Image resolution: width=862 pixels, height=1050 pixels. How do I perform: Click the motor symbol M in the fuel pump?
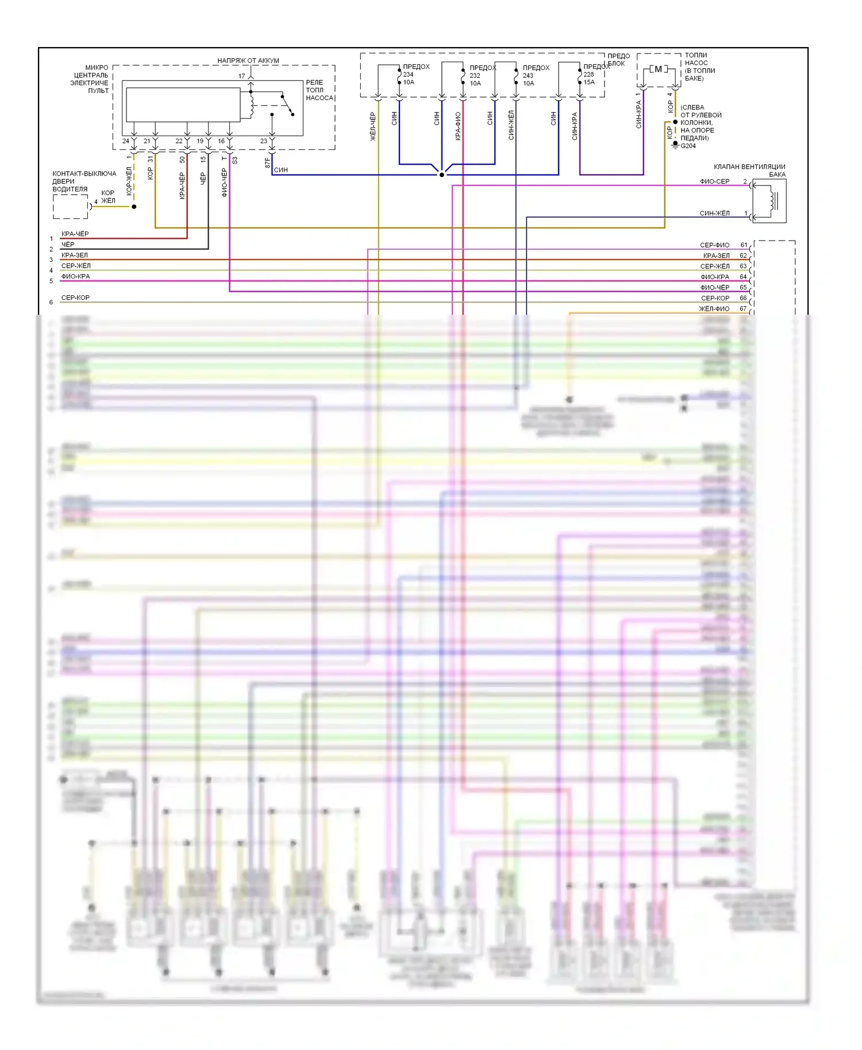coord(658,70)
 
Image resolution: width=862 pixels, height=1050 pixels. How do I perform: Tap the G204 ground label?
coord(688,146)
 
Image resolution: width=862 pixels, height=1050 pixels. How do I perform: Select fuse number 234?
coord(408,75)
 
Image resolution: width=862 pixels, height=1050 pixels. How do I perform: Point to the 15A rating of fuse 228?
coord(589,82)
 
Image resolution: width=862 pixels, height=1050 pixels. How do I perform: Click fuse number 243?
coord(528,75)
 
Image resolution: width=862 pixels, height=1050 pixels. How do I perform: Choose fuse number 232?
coord(475,75)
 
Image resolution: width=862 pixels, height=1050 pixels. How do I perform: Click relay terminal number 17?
coord(241,76)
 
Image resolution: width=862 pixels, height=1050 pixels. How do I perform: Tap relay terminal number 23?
coord(263,141)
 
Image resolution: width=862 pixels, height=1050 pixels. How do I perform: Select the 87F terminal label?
coord(267,163)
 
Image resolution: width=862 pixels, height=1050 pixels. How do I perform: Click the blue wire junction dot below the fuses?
coord(441,175)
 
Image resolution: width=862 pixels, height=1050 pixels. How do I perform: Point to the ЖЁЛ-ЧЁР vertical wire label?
coord(373,127)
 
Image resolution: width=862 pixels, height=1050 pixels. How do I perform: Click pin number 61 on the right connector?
coord(743,245)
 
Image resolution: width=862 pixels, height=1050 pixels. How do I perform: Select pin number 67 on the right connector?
coord(743,308)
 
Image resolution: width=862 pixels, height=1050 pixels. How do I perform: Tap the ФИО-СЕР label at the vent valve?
coord(714,182)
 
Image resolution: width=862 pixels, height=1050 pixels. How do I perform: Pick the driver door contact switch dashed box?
coord(71,207)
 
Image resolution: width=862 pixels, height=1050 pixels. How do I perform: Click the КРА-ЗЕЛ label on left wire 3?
coord(75,255)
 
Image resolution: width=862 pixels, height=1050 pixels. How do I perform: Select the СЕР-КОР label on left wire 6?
coord(75,298)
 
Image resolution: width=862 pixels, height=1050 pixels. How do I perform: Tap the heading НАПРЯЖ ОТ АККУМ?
coord(248,60)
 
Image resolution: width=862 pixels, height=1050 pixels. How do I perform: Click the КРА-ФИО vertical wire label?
coord(458,126)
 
